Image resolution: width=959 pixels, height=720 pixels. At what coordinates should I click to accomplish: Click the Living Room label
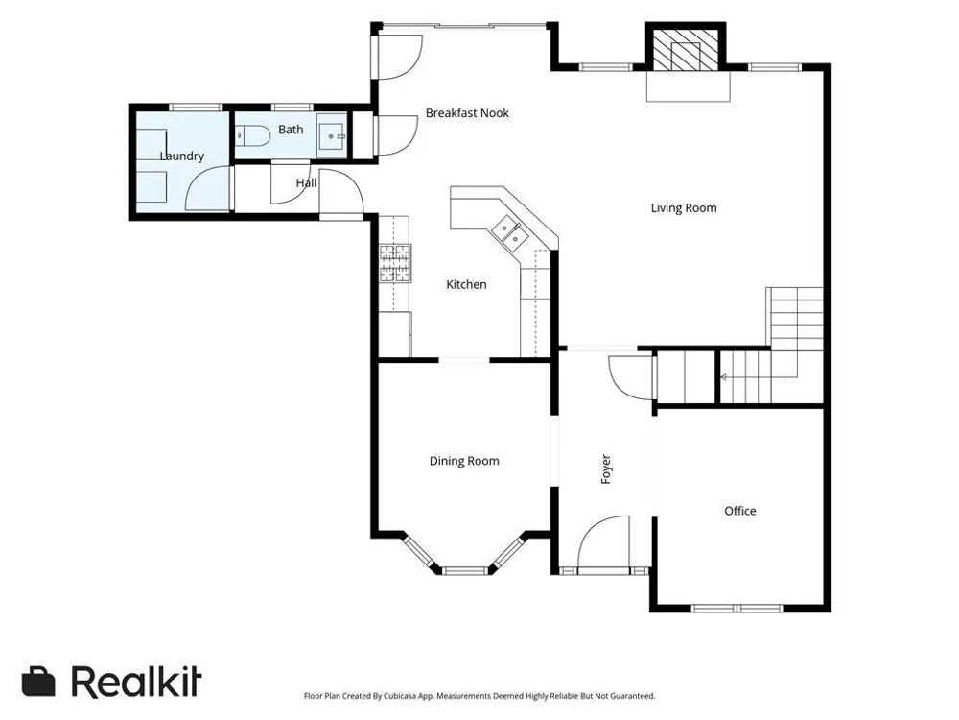tap(683, 208)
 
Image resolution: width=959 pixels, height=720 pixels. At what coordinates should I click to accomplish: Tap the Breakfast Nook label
tap(467, 112)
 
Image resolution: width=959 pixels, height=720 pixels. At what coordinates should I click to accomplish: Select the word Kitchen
tap(466, 285)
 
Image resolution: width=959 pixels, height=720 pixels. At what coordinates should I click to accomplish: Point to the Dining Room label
tap(464, 461)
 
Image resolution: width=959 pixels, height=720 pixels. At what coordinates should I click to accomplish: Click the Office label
tap(740, 511)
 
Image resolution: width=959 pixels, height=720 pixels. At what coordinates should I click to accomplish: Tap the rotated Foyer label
tap(606, 469)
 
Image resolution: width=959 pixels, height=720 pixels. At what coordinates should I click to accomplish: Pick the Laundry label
tap(181, 156)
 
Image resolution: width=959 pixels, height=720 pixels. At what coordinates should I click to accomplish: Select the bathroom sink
tap(332, 136)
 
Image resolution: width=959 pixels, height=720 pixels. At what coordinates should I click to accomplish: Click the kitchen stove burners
tap(395, 263)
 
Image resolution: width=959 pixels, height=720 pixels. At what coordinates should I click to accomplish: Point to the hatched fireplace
tap(685, 50)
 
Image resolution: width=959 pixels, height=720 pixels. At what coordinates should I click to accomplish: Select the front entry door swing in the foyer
tap(603, 541)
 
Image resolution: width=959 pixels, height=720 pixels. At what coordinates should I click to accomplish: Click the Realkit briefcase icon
tap(38, 681)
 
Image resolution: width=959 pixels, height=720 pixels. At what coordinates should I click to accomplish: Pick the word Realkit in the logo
tap(136, 681)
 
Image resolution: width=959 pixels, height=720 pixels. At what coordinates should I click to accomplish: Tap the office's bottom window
tap(737, 609)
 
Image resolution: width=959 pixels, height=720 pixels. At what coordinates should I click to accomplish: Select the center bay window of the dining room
tap(465, 571)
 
